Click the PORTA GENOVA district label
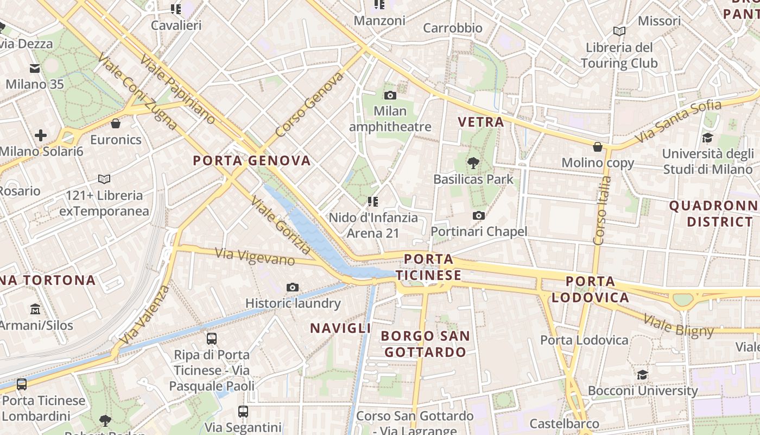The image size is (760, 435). coord(252,160)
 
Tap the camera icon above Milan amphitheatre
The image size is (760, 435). coord(390,96)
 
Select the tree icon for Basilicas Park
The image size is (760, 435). coord(473,162)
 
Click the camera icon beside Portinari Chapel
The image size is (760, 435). coord(478,216)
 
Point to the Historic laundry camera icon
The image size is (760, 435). coord(293,287)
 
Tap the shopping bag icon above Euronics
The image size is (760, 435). coord(116,123)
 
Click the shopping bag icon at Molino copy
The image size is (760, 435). coord(598,147)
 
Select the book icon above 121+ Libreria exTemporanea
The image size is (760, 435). coord(104,179)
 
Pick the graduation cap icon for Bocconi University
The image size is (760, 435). coord(642,375)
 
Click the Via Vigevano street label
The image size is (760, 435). coord(255,256)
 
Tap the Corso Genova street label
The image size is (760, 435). coord(309,105)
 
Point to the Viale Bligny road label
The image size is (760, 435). coord(679,326)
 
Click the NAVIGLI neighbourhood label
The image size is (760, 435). coord(340,328)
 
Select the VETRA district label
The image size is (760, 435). coord(481,122)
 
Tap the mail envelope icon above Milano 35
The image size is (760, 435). coord(35,69)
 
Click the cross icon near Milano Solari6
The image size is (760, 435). coord(41,135)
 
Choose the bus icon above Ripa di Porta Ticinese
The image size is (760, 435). coord(212,339)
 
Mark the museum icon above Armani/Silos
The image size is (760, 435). coord(35,309)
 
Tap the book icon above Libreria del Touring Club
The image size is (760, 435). coord(619,32)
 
